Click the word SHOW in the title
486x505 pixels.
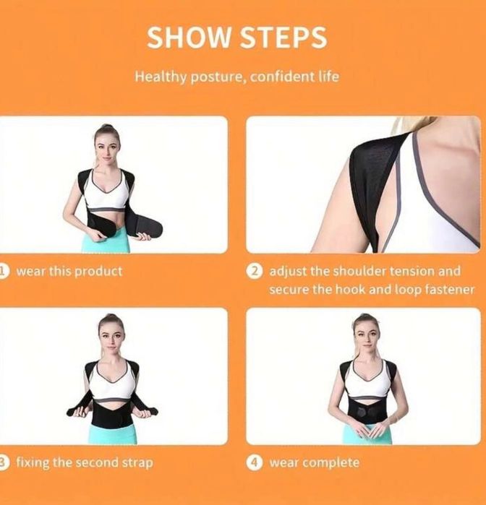[x=189, y=38]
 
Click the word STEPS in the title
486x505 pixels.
[x=283, y=38]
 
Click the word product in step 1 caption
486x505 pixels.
[x=98, y=272]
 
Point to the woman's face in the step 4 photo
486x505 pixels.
[x=365, y=339]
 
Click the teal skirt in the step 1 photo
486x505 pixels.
[x=111, y=240]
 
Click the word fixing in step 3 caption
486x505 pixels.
[x=33, y=463]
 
